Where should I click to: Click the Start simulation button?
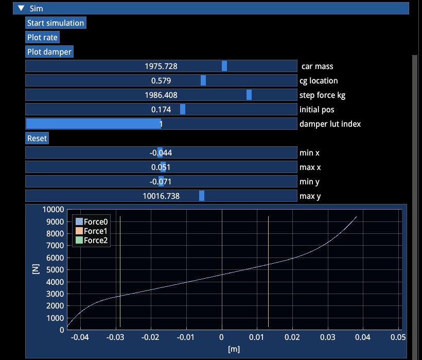[56, 23]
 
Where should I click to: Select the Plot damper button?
[49, 52]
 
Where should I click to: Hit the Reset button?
[37, 139]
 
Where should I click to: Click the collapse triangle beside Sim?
[21, 8]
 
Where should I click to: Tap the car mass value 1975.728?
[161, 66]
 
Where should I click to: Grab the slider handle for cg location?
[203, 80]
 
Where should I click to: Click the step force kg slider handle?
[249, 95]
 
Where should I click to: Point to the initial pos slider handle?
[183, 109]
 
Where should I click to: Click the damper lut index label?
[330, 124]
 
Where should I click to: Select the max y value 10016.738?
[161, 196]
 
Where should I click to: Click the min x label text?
[309, 153]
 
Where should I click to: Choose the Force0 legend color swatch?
[79, 221]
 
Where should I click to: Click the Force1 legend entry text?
[96, 231]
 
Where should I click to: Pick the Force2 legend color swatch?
[79, 240]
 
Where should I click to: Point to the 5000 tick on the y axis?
[55, 269]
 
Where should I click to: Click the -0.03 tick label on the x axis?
[115, 337]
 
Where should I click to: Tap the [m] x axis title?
[234, 349]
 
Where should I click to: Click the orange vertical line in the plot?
[268, 272]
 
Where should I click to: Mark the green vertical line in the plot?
[120, 272]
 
